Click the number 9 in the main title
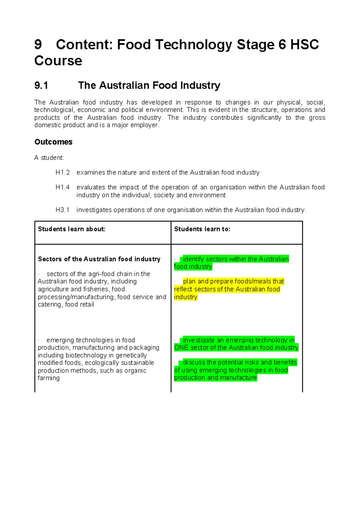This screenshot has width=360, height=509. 38,45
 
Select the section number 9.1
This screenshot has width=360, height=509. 41,86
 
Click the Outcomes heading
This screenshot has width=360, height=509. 53,142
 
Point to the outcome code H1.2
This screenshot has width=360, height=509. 62,173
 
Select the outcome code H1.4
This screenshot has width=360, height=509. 62,188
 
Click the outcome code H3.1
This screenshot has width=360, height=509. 62,210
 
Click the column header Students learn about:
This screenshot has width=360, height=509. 71,229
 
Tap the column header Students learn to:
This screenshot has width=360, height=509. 202,229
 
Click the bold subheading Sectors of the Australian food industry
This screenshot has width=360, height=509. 99,259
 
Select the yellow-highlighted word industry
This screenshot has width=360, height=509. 186,297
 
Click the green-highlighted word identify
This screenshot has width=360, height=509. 193,259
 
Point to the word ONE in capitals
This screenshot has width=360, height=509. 181,348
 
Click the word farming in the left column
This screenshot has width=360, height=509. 49,378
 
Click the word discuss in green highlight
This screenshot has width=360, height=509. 194,363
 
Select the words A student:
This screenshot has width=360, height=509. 49,158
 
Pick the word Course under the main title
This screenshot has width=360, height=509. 58,61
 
